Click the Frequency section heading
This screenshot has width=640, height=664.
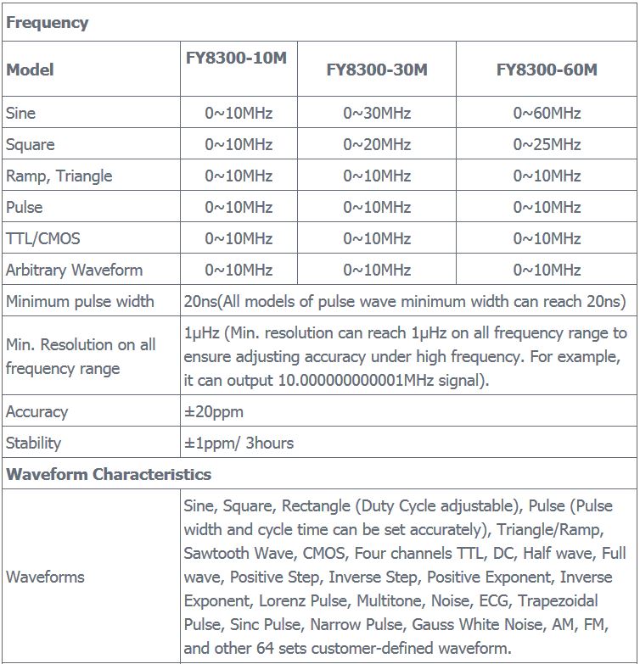coord(48,23)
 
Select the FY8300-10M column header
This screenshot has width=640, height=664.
coord(239,59)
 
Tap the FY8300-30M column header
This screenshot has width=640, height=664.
coord(377,70)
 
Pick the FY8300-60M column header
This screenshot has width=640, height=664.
coord(547,70)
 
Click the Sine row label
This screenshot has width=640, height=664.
coord(21,113)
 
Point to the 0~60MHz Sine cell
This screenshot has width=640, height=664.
coord(547,113)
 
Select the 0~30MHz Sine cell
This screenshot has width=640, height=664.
coord(377,113)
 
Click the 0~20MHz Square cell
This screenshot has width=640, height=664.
coord(377,144)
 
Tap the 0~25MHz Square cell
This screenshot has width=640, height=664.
coord(547,144)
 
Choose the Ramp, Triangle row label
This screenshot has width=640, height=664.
coord(59,176)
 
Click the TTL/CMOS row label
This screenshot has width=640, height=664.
coord(43,238)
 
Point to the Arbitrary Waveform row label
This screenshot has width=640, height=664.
coord(74,270)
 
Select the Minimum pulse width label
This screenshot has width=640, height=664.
coord(80,301)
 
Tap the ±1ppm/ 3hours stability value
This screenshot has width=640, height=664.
coord(239,443)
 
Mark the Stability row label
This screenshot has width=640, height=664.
coord(34,443)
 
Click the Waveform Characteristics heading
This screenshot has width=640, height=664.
coord(109,474)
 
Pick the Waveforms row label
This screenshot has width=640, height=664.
coord(45,577)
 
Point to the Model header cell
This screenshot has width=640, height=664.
coord(30,70)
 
